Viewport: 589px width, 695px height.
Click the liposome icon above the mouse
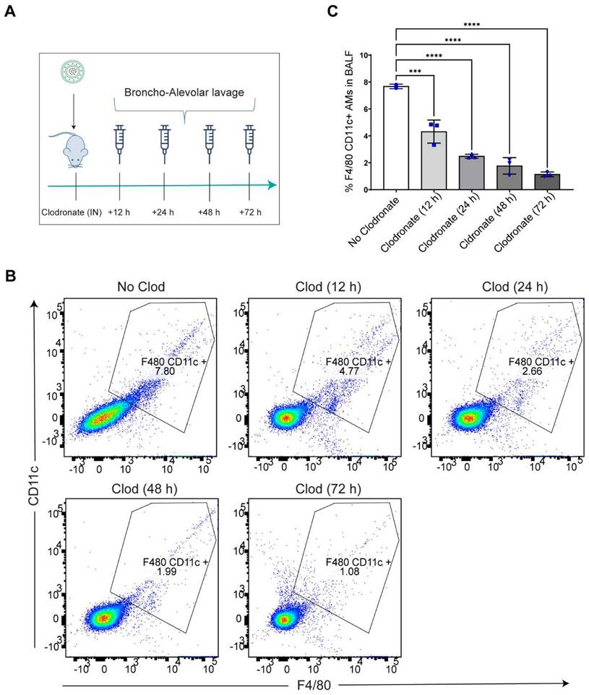tap(73, 72)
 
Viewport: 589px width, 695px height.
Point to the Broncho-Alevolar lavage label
tap(184, 92)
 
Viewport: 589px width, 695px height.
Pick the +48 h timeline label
tap(209, 212)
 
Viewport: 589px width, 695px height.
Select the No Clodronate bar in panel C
tap(395, 138)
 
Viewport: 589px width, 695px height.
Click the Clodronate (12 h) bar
tap(434, 160)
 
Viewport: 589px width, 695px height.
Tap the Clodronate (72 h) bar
tap(547, 182)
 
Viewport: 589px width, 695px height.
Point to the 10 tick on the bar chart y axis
tap(364, 56)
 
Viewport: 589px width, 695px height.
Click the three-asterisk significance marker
tap(415, 72)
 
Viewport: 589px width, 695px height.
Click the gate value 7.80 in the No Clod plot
tap(164, 371)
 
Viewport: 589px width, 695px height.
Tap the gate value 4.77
tap(348, 371)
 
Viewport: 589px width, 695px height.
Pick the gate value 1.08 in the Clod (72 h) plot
tap(350, 571)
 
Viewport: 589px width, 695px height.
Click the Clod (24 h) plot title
tap(515, 288)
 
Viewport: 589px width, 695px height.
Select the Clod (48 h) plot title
tap(144, 489)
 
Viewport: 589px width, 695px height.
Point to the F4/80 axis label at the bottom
tap(314, 686)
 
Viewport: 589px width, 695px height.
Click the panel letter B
tap(10, 276)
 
